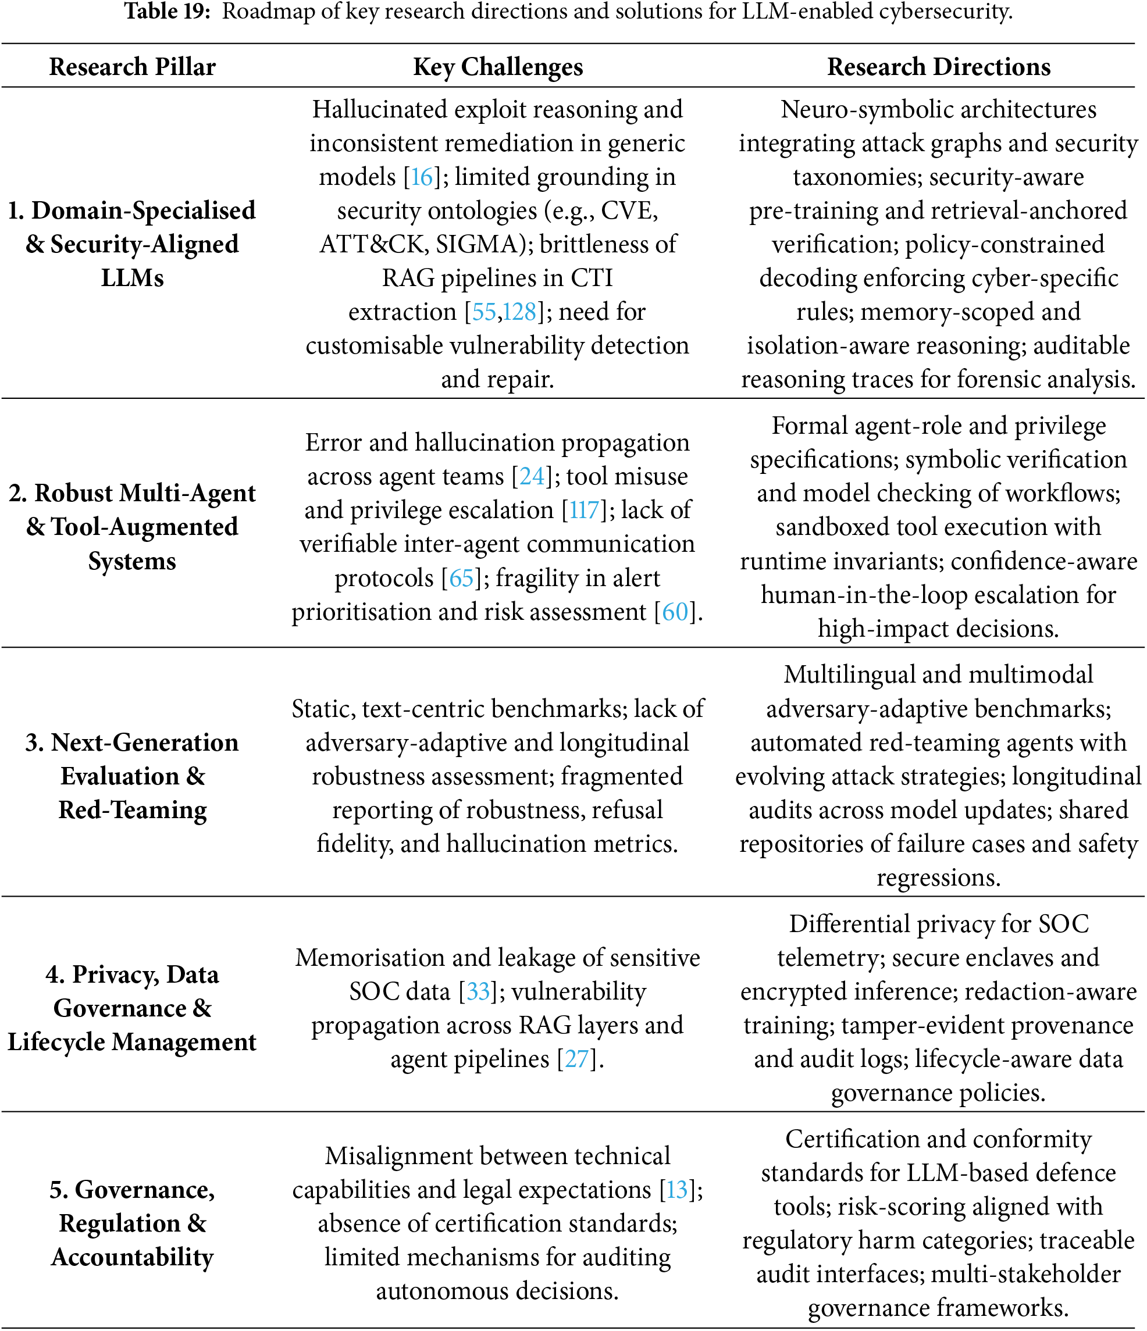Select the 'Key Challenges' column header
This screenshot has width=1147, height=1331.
tap(497, 67)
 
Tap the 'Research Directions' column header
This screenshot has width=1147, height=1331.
tap(938, 67)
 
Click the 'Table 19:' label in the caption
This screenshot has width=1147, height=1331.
tap(167, 12)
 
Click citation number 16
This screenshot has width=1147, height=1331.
tap(422, 177)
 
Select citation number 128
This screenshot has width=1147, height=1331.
tap(519, 312)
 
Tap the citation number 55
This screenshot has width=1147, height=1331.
tap(484, 312)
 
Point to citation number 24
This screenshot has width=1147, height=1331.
tap(532, 476)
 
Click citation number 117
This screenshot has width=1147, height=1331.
tap(584, 510)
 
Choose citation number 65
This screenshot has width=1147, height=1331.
tap(461, 578)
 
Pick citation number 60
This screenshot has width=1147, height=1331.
tap(675, 612)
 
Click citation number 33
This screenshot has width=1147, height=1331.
tap(478, 991)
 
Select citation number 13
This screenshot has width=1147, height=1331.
tap(676, 1190)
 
